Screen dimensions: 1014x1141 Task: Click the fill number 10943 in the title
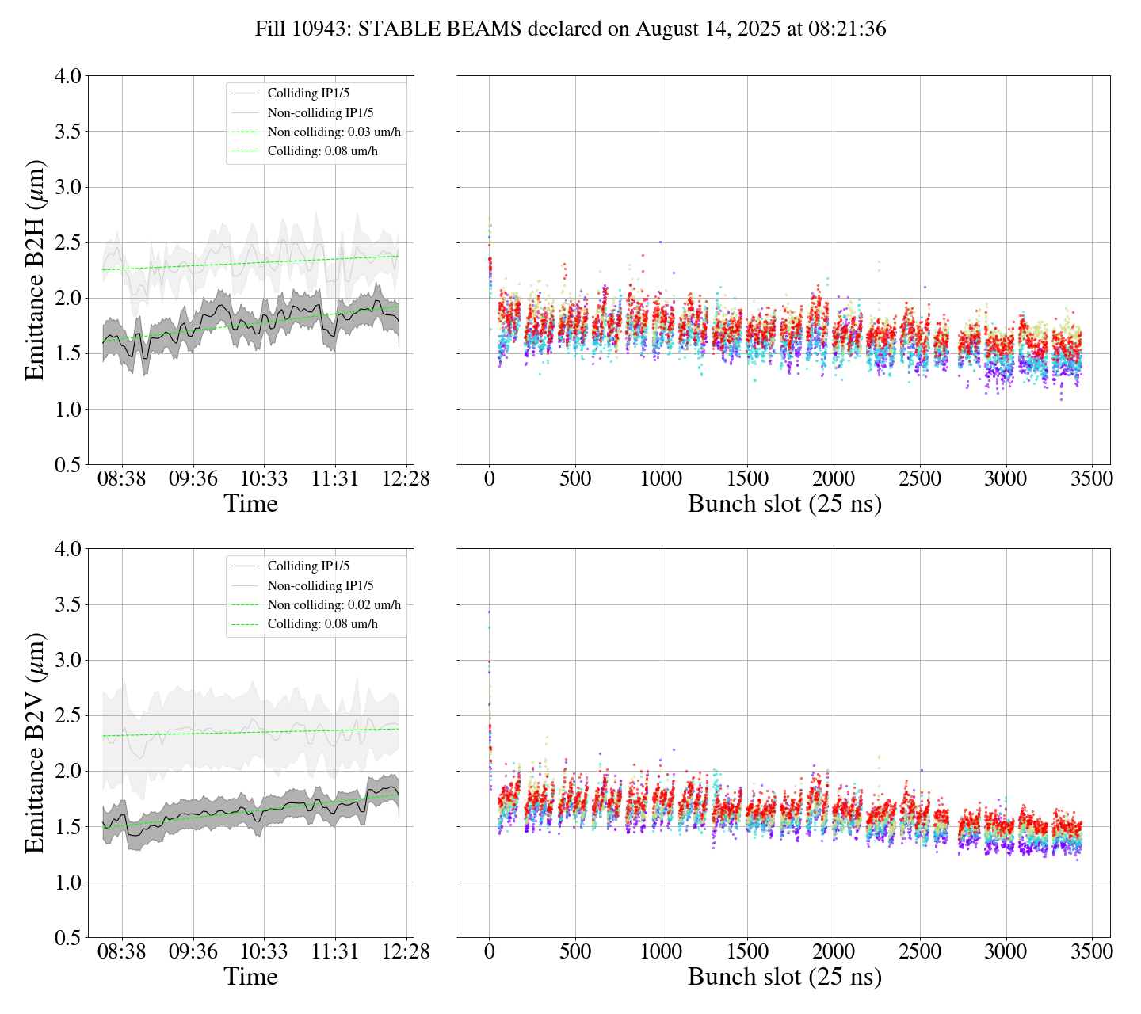pyautogui.click(x=322, y=29)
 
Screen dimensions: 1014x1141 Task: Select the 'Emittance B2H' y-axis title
pyautogui.click(x=35, y=270)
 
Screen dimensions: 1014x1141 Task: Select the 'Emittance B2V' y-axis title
pyautogui.click(x=35, y=743)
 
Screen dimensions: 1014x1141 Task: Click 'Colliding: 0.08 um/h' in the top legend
pyautogui.click(x=322, y=151)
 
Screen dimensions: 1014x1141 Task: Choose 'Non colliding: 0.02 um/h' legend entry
pyautogui.click(x=334, y=605)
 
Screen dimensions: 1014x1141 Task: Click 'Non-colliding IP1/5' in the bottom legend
pyautogui.click(x=320, y=586)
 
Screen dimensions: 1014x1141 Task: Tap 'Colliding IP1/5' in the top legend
pyautogui.click(x=308, y=93)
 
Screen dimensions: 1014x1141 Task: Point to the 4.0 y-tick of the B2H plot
pyautogui.click(x=67, y=76)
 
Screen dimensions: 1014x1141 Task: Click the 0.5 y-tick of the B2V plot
pyautogui.click(x=67, y=938)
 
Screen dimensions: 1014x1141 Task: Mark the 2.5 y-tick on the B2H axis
pyautogui.click(x=67, y=242)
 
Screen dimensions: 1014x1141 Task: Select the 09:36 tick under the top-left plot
pyautogui.click(x=193, y=479)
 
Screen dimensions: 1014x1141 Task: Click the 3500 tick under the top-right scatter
pyautogui.click(x=1092, y=479)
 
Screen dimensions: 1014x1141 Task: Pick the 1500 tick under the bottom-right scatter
pyautogui.click(x=747, y=951)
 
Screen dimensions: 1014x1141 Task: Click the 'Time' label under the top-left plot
pyautogui.click(x=250, y=504)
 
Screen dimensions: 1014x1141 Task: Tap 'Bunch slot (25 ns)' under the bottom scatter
pyautogui.click(x=784, y=977)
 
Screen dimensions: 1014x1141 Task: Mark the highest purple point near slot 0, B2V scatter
pyautogui.click(x=489, y=612)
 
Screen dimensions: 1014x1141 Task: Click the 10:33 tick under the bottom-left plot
pyautogui.click(x=264, y=951)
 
